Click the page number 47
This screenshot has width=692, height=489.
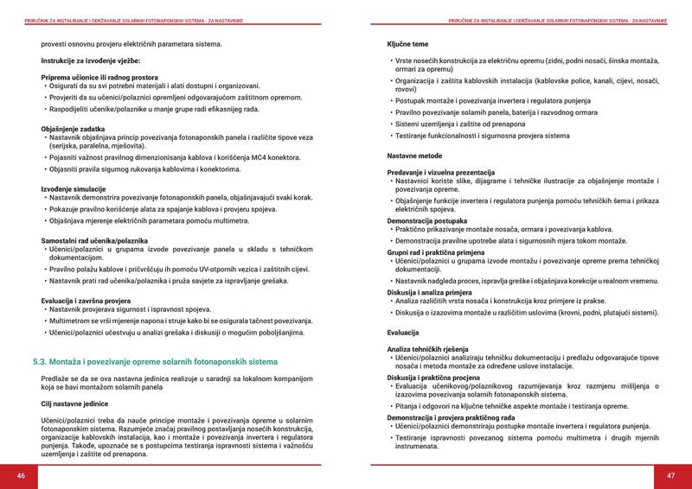click(670, 476)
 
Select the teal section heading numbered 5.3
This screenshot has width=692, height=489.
click(155, 362)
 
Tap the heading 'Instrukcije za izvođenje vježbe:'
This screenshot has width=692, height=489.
click(91, 60)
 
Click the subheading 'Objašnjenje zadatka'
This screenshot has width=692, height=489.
click(73, 129)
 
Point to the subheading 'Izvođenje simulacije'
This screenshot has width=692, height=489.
click(74, 188)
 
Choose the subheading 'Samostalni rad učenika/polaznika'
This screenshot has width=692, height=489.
click(94, 239)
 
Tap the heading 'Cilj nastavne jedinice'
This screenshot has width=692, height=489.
click(74, 403)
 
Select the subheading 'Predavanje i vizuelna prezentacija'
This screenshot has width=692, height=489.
click(440, 172)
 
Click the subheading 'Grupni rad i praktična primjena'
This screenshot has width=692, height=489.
click(436, 251)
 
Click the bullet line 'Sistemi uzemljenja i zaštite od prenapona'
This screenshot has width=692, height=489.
click(462, 124)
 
